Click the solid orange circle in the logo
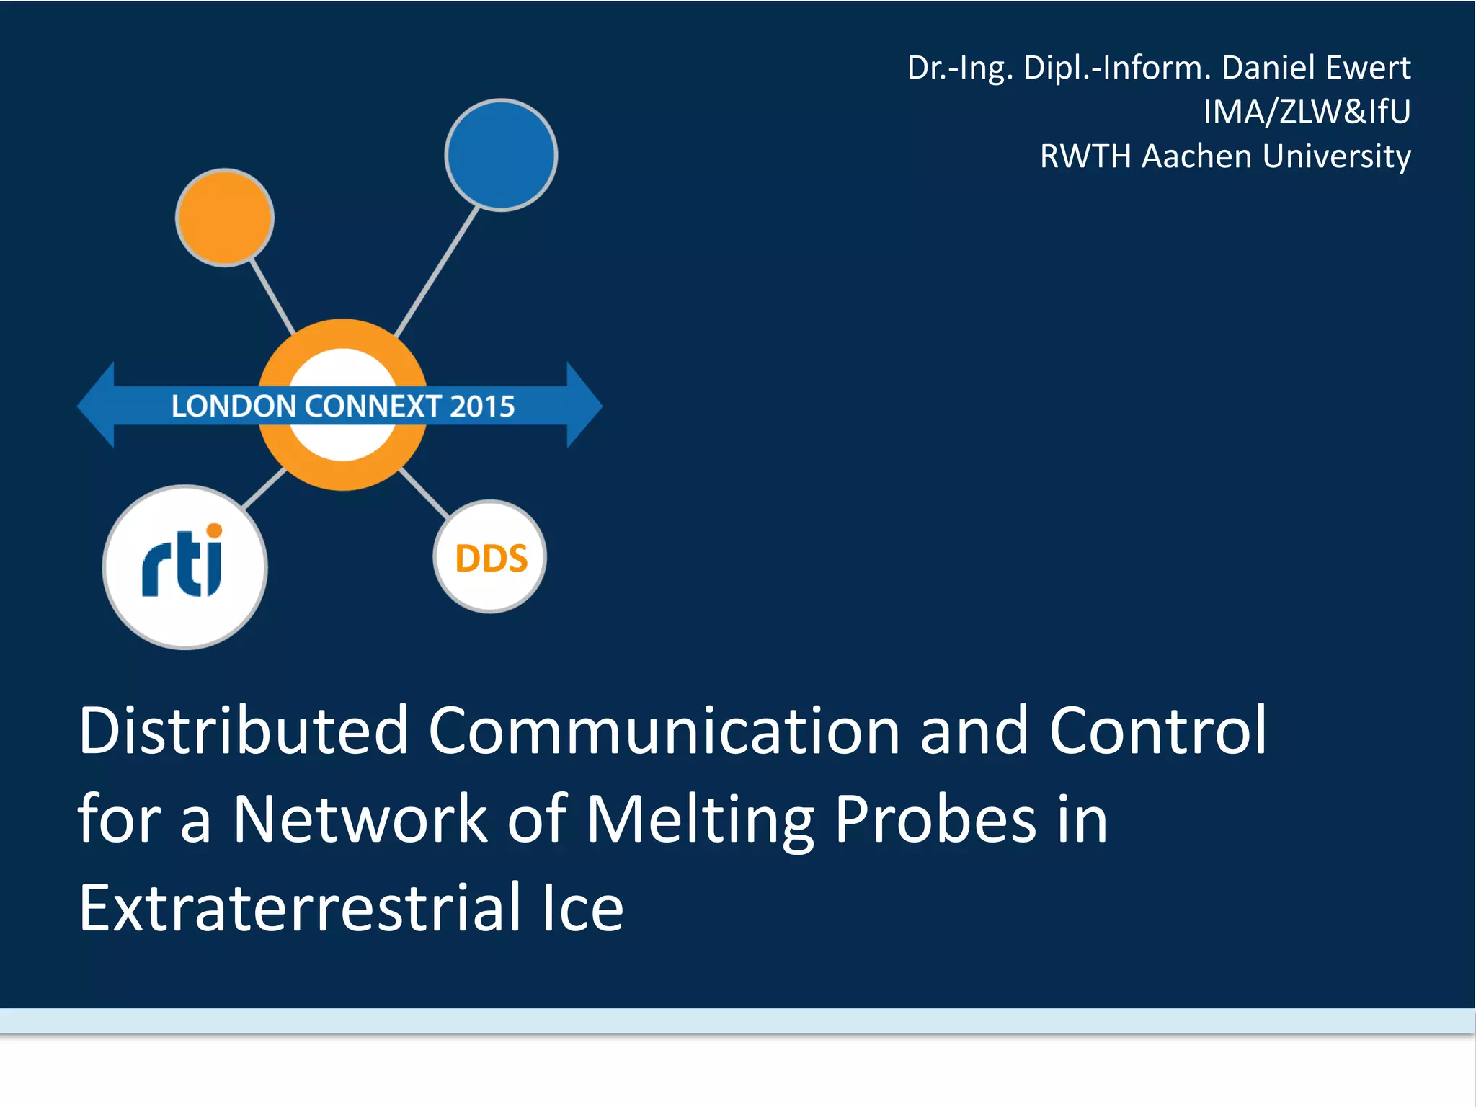tap(225, 217)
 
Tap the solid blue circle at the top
tap(501, 155)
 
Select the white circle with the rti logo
tap(184, 566)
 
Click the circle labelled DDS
tap(491, 557)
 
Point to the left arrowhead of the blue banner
tap(97, 405)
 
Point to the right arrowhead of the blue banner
tap(583, 405)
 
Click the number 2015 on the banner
tap(482, 406)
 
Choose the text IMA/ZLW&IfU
tap(1307, 112)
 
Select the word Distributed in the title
tap(244, 731)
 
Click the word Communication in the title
tap(663, 731)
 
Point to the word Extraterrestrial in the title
tap(300, 907)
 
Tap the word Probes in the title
tap(935, 821)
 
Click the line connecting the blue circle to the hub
tap(437, 272)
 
